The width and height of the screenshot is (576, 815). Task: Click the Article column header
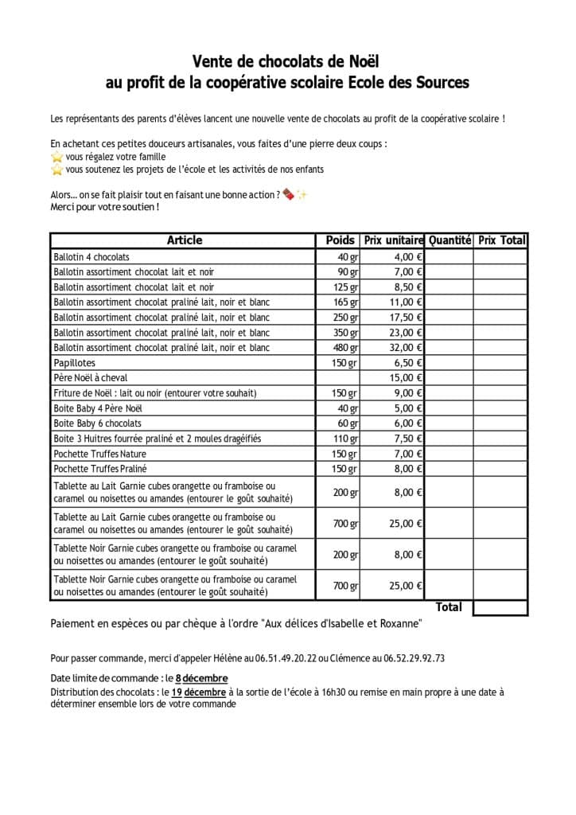point(184,240)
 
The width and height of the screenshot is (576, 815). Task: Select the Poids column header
point(341,240)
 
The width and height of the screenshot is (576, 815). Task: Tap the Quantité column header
point(450,240)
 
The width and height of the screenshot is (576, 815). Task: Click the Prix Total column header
point(501,240)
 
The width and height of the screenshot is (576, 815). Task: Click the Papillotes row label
point(75,363)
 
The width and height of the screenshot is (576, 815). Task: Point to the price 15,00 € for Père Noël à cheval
point(406,378)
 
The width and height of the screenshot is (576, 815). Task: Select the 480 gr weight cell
point(346,348)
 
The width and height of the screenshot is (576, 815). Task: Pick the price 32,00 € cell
point(406,348)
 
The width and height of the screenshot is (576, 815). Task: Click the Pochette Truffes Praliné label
point(100,469)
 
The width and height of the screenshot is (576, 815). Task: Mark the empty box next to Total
point(500,607)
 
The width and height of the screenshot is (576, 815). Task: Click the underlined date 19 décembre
point(199,692)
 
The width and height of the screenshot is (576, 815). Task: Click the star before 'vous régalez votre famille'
point(56,158)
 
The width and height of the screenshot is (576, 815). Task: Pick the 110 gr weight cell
point(346,439)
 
